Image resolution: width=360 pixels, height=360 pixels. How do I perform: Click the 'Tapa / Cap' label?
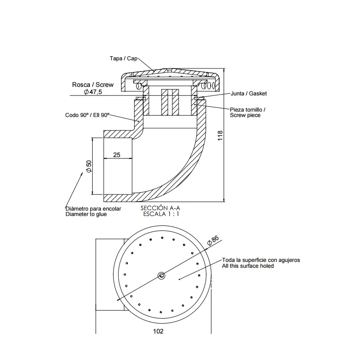pyautogui.click(x=123, y=58)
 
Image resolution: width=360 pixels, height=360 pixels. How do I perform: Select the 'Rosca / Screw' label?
pyautogui.click(x=93, y=84)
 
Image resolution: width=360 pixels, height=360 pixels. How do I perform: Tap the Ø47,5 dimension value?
pyautogui.click(x=95, y=91)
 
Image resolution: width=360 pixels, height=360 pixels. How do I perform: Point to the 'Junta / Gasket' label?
pyautogui.click(x=249, y=94)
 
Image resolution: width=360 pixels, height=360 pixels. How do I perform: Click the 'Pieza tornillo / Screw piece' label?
pyautogui.click(x=248, y=112)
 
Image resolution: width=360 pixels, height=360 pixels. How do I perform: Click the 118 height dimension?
pyautogui.click(x=220, y=136)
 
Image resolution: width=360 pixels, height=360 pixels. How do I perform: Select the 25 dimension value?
pyautogui.click(x=117, y=155)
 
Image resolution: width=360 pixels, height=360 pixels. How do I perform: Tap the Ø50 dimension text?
pyautogui.click(x=89, y=166)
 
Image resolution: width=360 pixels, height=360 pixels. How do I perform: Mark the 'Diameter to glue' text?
pyautogui.click(x=86, y=214)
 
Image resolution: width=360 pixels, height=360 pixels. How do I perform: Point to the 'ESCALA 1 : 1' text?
pyautogui.click(x=161, y=214)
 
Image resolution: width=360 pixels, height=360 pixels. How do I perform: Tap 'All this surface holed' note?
pyautogui.click(x=248, y=266)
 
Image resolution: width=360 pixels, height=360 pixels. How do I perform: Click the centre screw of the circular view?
pyautogui.click(x=161, y=275)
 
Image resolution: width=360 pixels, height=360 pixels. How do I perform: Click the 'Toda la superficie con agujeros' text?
pyautogui.click(x=261, y=260)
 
